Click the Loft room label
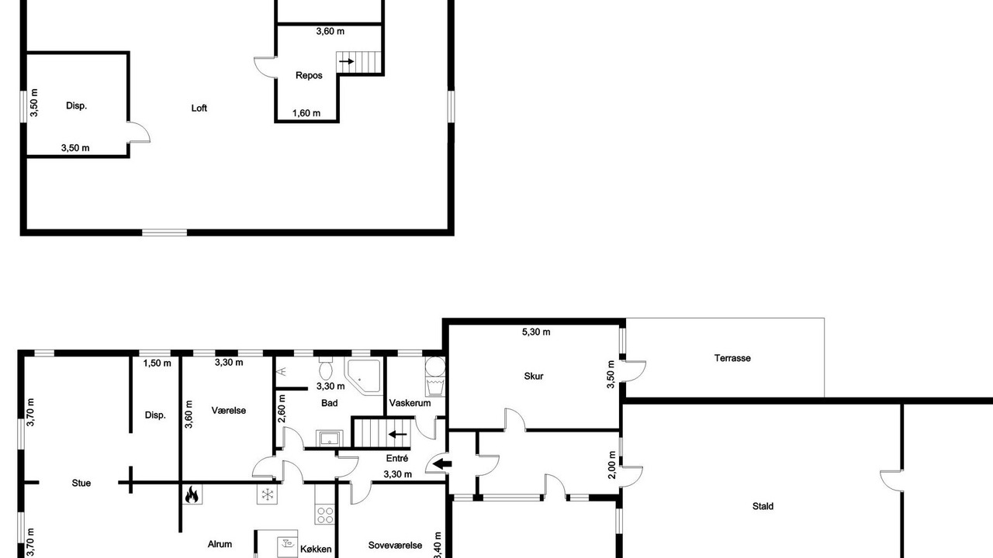click(x=199, y=108)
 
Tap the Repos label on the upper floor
click(x=309, y=76)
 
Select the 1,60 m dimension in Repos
click(x=306, y=113)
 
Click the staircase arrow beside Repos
click(x=346, y=61)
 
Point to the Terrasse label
click(x=732, y=358)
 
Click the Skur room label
click(x=533, y=377)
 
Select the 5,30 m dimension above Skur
click(x=536, y=332)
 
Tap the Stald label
click(x=763, y=506)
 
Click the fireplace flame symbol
click(x=192, y=494)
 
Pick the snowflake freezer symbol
click(x=268, y=494)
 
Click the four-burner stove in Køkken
click(x=325, y=515)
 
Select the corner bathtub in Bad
click(x=364, y=376)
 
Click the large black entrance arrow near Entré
click(x=442, y=464)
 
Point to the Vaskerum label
click(x=410, y=404)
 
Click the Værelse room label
click(x=229, y=411)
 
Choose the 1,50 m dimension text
click(x=157, y=363)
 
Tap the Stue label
click(x=81, y=483)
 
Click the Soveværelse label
click(x=395, y=546)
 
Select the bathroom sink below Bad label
click(x=330, y=439)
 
